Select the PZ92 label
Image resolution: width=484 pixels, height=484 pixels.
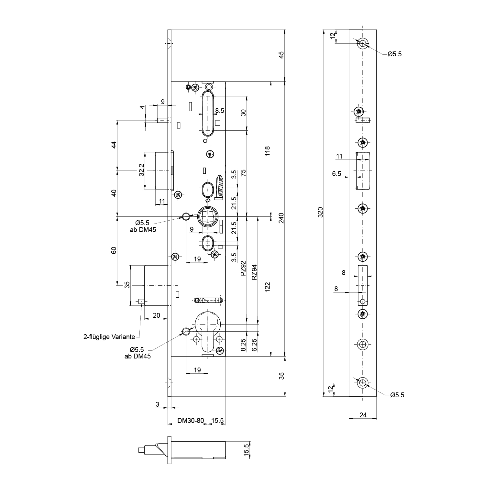point(243,268)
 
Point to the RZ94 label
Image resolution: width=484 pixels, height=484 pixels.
point(254,272)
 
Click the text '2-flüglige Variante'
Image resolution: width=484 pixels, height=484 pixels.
point(109,337)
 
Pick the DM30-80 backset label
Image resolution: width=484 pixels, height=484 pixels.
point(191,421)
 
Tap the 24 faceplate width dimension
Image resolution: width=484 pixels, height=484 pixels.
point(363,415)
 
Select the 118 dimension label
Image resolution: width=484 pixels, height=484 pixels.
point(267,151)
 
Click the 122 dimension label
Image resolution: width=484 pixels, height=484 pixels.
point(267,287)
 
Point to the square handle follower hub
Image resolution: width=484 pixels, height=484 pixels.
point(208,216)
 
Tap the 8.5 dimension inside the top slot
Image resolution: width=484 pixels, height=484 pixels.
point(220,111)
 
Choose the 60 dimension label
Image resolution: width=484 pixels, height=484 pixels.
point(114,251)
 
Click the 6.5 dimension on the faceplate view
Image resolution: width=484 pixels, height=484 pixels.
point(336,174)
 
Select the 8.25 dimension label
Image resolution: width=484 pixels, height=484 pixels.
point(243,345)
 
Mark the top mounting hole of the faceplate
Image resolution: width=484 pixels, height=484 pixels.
point(362,43)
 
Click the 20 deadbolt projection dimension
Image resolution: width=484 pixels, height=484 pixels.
point(156,315)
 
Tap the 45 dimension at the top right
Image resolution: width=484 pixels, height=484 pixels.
point(281,55)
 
